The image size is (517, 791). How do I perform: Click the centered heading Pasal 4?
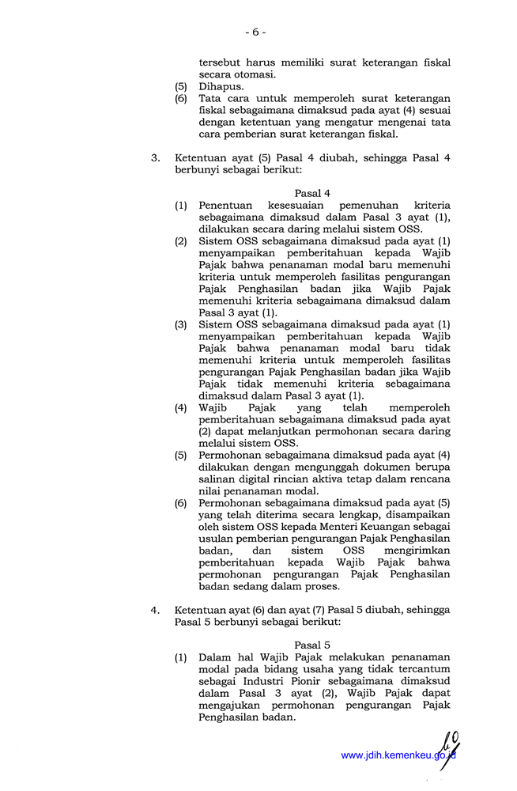pyautogui.click(x=311, y=193)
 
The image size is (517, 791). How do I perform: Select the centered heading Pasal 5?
pyautogui.click(x=311, y=645)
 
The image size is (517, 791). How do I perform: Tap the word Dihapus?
pyautogui.click(x=221, y=86)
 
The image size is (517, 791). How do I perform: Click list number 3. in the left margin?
pyautogui.click(x=156, y=157)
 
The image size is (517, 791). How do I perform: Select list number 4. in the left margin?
pyautogui.click(x=156, y=609)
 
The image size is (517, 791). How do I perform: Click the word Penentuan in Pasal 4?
pyautogui.click(x=225, y=205)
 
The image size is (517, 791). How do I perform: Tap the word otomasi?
pyautogui.click(x=252, y=74)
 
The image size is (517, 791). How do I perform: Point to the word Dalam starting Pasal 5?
pyautogui.click(x=214, y=657)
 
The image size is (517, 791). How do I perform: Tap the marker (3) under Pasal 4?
pyautogui.click(x=181, y=324)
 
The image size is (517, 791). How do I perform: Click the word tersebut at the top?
pyautogui.click(x=221, y=62)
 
